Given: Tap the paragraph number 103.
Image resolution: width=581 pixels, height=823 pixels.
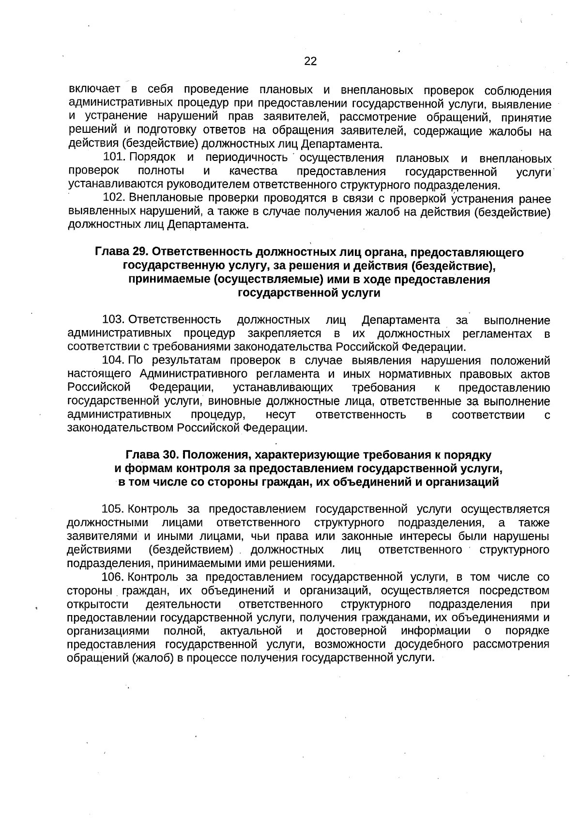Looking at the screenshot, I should [114, 320].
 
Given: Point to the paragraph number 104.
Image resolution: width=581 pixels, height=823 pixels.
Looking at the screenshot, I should [114, 361].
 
